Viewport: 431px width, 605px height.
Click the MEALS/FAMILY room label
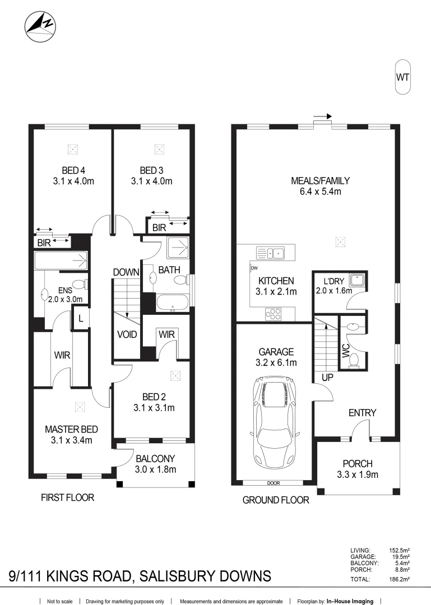pyautogui.click(x=320, y=181)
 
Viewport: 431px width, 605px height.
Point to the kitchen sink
pyautogui.click(x=270, y=253)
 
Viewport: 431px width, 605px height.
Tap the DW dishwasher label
pyautogui.click(x=254, y=268)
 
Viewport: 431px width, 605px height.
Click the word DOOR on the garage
pyautogui.click(x=274, y=483)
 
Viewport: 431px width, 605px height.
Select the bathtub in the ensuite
pyautogui.click(x=61, y=260)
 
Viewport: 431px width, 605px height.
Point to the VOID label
pyautogui.click(x=127, y=334)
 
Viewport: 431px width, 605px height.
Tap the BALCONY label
pyautogui.click(x=155, y=458)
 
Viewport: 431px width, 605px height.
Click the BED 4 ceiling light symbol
pyautogui.click(x=72, y=150)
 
